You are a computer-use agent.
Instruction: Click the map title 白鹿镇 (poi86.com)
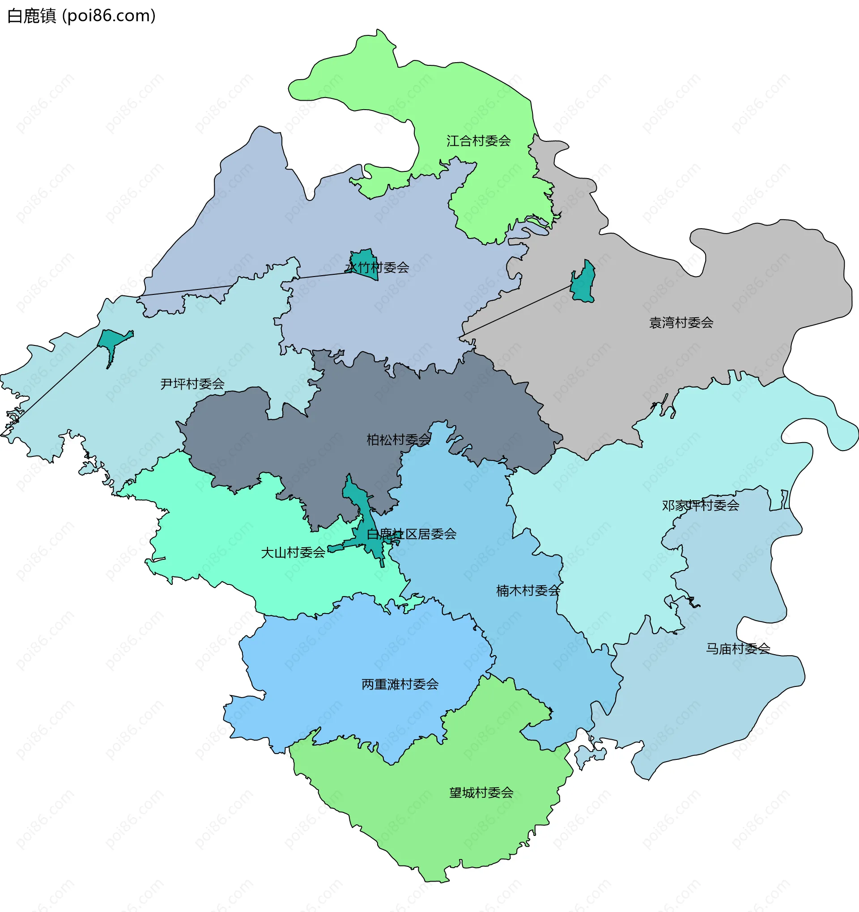81,16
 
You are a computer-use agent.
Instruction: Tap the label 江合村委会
478,141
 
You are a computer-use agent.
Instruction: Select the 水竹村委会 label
377,268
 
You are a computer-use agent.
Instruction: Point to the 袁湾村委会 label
681,323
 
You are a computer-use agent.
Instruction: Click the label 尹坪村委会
192,384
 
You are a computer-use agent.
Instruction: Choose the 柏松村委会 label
398,440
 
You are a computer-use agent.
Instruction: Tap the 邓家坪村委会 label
700,506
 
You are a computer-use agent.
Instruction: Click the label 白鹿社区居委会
412,534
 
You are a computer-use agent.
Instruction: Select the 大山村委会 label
293,553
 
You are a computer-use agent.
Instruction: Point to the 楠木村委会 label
528,591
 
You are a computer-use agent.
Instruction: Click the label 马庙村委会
737,649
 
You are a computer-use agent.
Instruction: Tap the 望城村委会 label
481,793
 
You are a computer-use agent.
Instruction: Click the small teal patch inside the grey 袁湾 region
584,285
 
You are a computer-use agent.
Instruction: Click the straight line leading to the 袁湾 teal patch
514,312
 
